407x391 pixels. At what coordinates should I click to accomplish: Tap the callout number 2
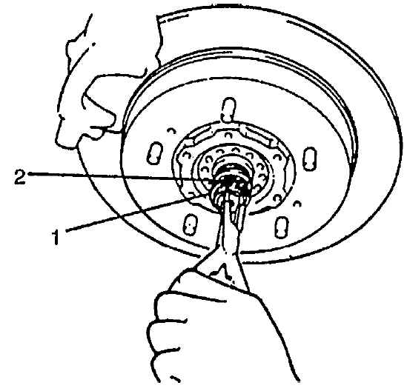coord(20,176)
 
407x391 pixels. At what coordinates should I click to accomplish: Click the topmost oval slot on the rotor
coord(228,110)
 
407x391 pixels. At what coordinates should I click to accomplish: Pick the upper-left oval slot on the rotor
coord(155,153)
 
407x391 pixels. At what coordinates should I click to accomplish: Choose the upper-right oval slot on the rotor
coord(309,158)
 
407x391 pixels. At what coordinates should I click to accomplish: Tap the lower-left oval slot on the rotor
coord(191,224)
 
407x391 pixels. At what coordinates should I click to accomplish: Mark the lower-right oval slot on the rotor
coord(282,227)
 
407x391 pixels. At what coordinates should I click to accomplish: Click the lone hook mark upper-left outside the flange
coord(171,131)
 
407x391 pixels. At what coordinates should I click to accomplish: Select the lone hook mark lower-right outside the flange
coord(297,204)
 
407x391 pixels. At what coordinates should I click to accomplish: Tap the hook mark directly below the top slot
coord(228,135)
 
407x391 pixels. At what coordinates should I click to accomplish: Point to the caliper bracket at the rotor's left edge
coord(99,109)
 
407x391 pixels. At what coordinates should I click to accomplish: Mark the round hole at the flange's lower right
coord(277,199)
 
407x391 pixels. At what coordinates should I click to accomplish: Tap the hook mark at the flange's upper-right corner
coord(277,157)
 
